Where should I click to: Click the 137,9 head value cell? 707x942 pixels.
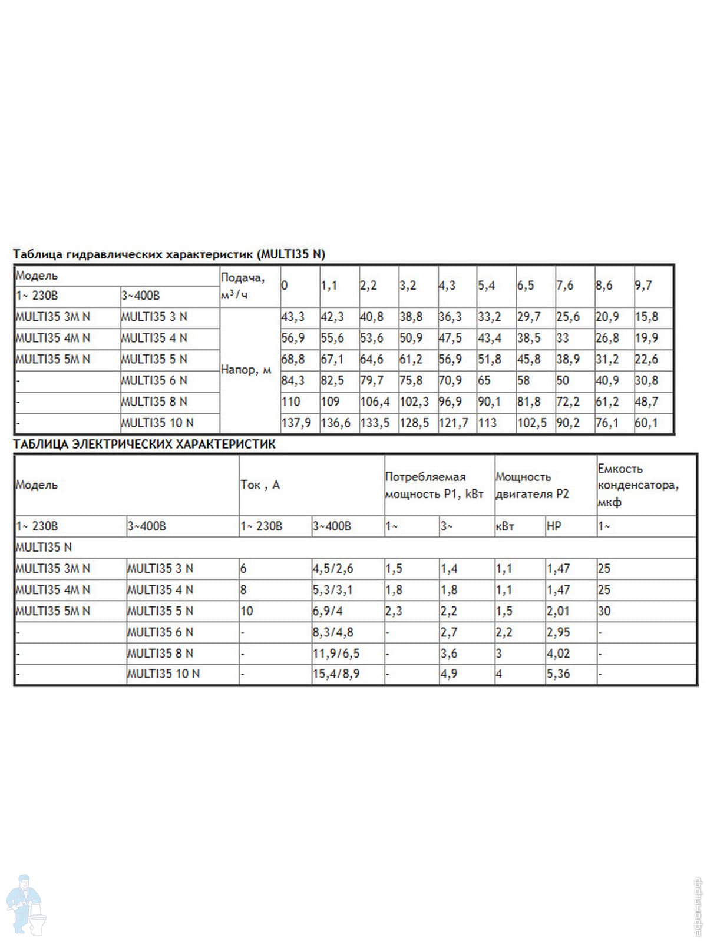pos(296,423)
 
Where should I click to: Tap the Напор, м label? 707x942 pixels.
pos(246,370)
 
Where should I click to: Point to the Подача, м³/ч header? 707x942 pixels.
pos(243,286)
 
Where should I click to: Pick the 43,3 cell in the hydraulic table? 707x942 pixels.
pos(293,317)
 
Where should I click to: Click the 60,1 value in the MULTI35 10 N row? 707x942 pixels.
pos(646,423)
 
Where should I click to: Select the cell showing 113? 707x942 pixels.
pos(487,423)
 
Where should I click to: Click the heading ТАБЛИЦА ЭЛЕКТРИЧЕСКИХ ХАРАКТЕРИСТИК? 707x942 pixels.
pos(144,445)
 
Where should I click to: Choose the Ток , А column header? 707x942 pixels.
pos(260,485)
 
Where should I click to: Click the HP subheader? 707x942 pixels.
pos(554,526)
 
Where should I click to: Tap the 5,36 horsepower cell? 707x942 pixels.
pos(558,674)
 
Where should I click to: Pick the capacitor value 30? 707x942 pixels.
pos(604,611)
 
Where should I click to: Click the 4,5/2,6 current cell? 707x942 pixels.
pos(333,569)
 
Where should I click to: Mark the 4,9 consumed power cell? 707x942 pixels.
pos(449,674)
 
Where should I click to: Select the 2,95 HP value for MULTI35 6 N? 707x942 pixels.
pos(558,632)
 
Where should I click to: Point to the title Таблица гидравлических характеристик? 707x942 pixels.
pos(169,254)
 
